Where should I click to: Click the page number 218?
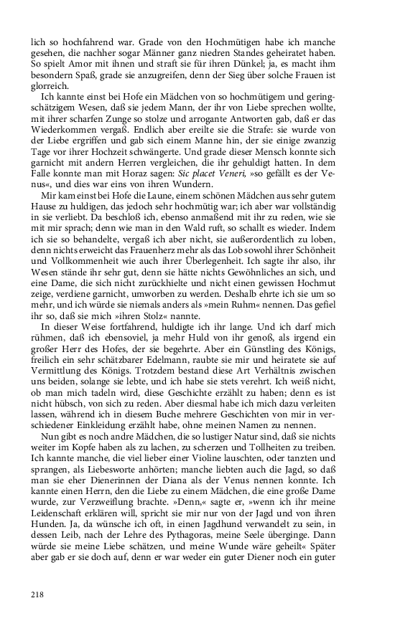pos(39,594)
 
